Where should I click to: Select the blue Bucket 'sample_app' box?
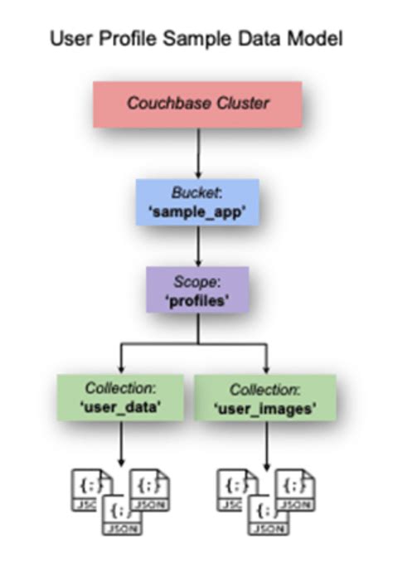[197, 202]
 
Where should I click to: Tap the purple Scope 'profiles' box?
[197, 289]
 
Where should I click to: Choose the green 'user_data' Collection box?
[121, 397]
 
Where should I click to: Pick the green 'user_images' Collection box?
[265, 397]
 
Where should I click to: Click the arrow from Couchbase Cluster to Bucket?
[197, 153]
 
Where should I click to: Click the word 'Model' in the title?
[318, 38]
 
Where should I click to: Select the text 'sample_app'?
[197, 211]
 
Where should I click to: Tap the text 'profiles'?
[197, 299]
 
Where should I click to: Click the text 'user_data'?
[121, 406]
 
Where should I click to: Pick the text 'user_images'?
[265, 406]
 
